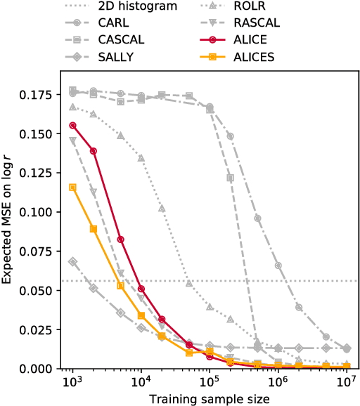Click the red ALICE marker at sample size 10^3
[72, 125]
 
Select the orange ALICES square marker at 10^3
[72, 187]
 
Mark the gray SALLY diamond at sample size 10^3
[72, 261]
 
